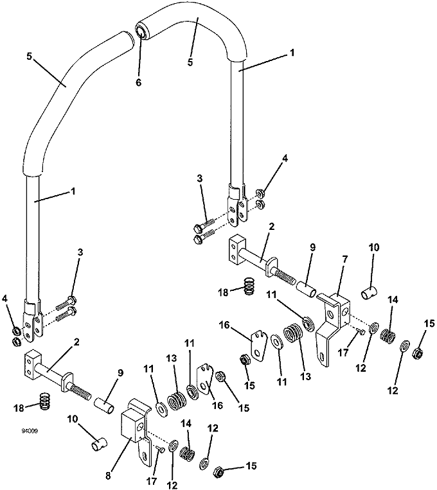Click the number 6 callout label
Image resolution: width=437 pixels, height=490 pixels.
[139, 82]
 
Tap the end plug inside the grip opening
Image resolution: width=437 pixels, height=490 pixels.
[141, 32]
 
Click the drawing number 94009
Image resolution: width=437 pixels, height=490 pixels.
[30, 431]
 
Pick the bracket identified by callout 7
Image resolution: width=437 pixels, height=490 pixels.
[333, 327]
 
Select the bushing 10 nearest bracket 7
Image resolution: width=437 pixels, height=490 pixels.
[370, 292]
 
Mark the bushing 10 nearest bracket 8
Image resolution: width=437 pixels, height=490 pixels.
[99, 444]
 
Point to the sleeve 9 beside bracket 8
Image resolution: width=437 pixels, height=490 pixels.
[104, 405]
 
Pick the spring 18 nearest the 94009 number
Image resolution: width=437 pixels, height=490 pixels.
[46, 401]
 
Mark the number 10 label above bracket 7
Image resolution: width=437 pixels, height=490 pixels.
[374, 247]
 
